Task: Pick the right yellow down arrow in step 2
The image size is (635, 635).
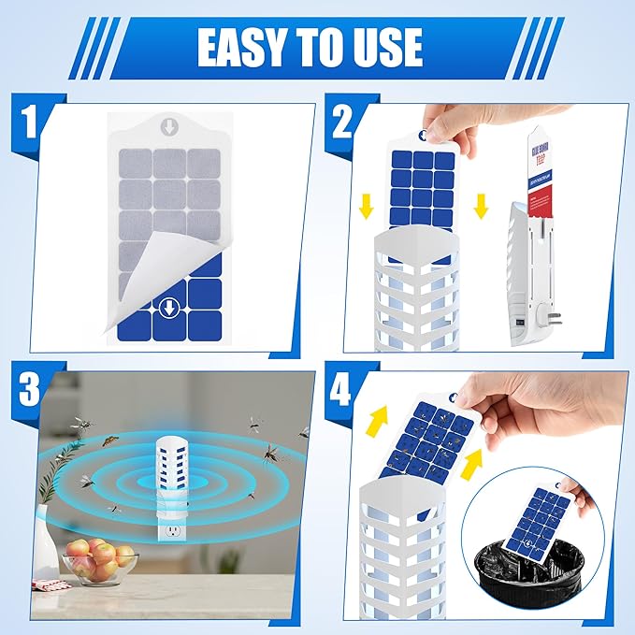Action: click(481, 205)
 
